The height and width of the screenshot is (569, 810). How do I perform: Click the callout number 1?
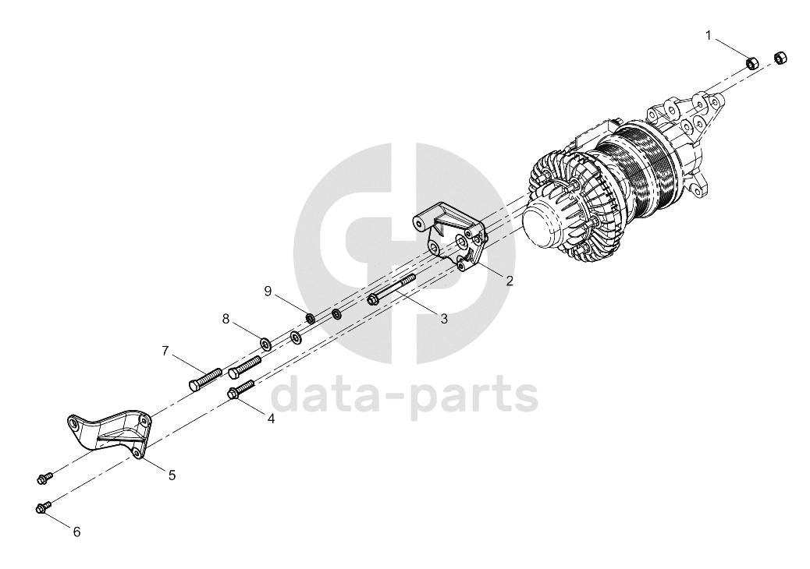click(709, 36)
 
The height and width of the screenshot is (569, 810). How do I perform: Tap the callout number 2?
click(510, 281)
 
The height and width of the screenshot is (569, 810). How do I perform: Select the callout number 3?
click(444, 318)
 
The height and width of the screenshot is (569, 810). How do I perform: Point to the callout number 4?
click(271, 419)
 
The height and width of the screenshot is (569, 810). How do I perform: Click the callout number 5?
click(172, 475)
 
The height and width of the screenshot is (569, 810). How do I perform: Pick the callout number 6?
click(77, 532)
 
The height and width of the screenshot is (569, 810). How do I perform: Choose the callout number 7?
click(165, 352)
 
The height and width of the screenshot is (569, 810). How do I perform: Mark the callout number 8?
click(226, 319)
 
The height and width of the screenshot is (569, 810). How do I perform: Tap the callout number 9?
click(268, 292)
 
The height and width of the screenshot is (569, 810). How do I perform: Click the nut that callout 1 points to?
click(752, 63)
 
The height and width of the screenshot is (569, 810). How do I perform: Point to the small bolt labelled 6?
click(44, 506)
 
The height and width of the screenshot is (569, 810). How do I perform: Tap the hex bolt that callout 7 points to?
click(204, 379)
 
